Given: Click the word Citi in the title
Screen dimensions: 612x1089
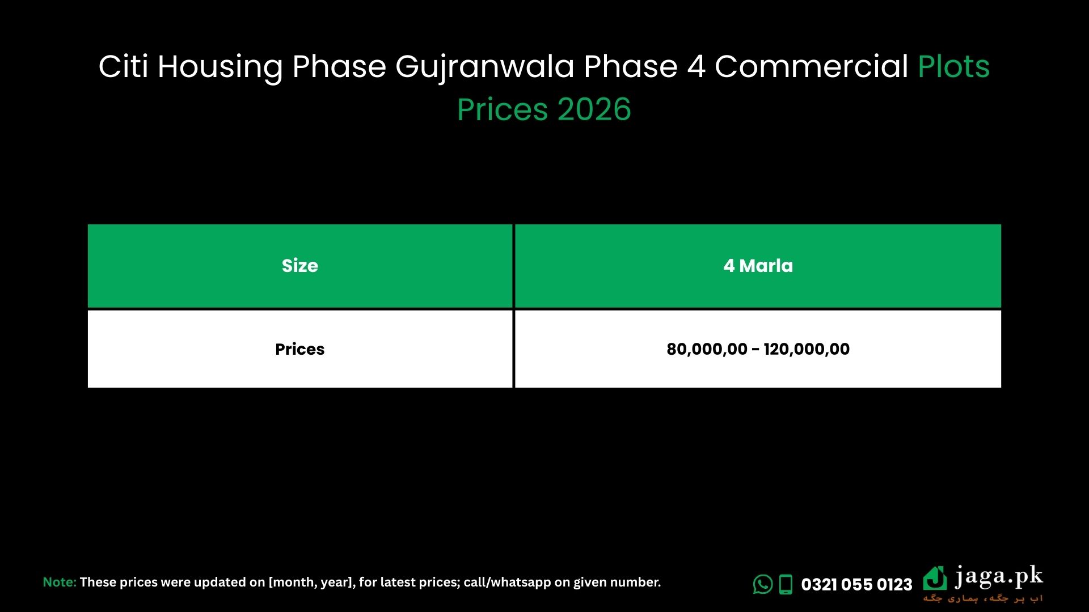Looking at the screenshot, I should click(123, 67).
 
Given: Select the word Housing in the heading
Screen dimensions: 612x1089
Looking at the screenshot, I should click(220, 67).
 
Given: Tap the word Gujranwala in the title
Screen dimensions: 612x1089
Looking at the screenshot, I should click(485, 67).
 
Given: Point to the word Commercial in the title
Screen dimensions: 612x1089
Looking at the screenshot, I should click(811, 67).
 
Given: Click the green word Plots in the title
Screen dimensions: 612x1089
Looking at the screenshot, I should click(953, 67).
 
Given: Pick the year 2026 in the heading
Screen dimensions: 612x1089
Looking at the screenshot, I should click(594, 109).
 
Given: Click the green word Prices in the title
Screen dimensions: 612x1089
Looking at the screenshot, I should click(502, 109).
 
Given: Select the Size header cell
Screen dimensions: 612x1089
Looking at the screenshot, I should click(300, 266).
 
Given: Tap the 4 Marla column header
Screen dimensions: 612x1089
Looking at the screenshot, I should click(758, 266).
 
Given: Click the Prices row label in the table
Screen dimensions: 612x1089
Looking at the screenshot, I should click(300, 349).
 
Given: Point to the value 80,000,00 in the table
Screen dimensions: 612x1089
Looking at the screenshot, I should click(707, 349).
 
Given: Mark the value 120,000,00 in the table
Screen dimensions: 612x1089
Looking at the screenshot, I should click(807, 349).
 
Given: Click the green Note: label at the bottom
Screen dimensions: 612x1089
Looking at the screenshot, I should click(60, 582).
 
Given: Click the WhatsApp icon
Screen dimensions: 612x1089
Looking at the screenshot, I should click(763, 584).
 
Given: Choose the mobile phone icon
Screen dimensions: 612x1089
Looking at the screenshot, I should click(786, 584).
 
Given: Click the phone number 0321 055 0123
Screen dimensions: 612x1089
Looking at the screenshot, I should click(856, 584).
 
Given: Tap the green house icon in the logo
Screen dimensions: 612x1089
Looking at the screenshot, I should click(935, 579).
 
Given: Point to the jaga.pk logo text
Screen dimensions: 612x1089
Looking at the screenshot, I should click(999, 577).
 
